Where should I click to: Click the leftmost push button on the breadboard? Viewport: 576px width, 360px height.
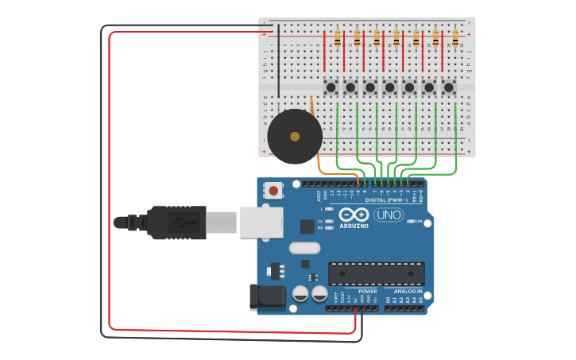point(331,87)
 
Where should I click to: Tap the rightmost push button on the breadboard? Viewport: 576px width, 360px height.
point(449,87)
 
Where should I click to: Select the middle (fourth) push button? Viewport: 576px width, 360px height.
point(389,87)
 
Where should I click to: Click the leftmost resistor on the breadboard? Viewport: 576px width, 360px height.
point(338,37)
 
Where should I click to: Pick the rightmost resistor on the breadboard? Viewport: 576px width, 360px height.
point(455,37)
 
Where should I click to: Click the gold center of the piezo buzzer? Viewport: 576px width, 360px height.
point(295,137)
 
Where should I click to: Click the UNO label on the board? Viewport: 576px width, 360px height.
point(389,215)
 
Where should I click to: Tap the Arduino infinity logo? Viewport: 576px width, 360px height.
point(354,215)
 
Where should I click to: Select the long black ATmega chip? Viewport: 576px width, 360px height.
point(376,273)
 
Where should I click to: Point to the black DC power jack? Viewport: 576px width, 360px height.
point(267,297)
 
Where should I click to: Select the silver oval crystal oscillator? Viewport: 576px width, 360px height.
point(304,248)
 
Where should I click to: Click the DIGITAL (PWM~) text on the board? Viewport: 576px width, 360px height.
point(385,200)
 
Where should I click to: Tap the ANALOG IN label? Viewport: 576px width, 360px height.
point(408,292)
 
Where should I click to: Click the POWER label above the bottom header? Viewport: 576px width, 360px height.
point(367,292)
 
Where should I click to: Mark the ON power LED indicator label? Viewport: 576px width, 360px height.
point(418,222)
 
